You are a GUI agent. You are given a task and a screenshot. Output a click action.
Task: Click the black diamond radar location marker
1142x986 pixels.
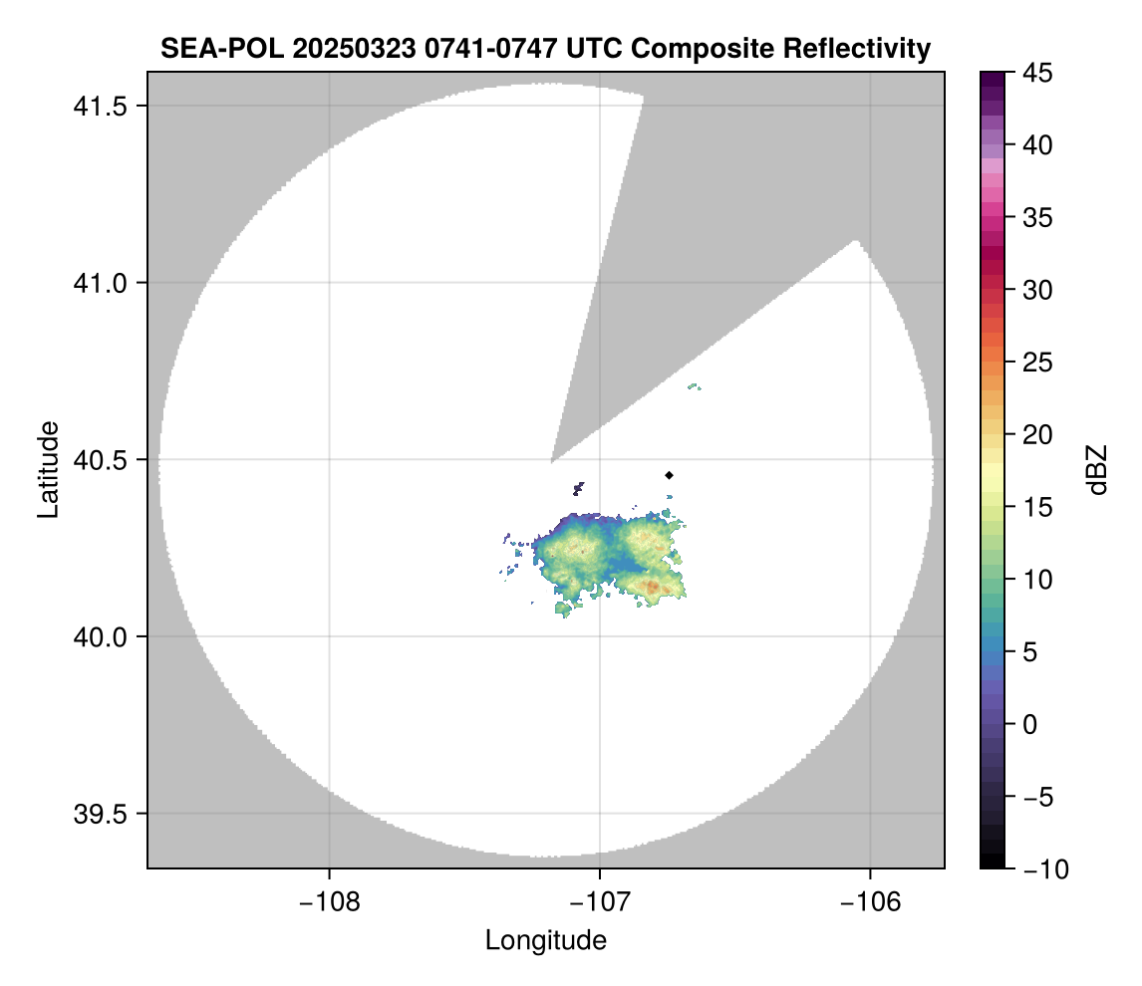tap(670, 475)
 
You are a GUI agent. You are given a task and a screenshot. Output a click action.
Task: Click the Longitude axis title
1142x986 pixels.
tap(545, 939)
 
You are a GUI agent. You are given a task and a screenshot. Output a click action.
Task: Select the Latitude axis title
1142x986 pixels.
tap(48, 469)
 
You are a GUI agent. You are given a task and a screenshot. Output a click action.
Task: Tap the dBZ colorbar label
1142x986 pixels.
tap(1097, 470)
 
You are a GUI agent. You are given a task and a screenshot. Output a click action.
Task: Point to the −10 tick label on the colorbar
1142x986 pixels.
tap(1036, 868)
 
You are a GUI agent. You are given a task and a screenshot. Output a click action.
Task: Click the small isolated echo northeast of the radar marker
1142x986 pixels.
tap(695, 386)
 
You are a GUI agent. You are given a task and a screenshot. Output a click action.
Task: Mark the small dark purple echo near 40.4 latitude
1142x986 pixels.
tap(579, 488)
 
